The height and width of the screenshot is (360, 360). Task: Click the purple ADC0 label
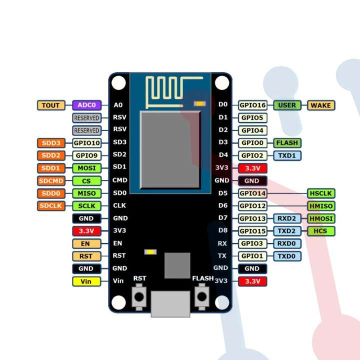click(87, 105)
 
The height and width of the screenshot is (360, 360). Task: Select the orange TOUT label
click(51, 105)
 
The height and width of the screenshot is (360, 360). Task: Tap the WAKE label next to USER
click(320, 105)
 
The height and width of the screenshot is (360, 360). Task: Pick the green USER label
click(287, 105)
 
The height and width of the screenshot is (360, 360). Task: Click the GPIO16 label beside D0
click(252, 105)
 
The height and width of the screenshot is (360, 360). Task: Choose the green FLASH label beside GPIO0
click(287, 143)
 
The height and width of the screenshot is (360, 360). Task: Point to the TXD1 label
click(287, 155)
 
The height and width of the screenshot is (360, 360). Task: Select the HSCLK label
click(320, 193)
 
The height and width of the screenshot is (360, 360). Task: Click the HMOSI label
click(320, 218)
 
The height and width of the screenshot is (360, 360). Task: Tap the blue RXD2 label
click(287, 218)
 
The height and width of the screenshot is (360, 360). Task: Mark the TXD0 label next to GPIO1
click(287, 256)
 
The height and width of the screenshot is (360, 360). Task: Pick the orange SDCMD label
click(51, 181)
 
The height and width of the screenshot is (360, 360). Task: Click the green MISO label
click(87, 193)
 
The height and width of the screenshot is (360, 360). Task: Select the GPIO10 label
click(87, 143)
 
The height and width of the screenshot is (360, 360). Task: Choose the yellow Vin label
click(87, 281)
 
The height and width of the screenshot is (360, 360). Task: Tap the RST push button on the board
click(139, 296)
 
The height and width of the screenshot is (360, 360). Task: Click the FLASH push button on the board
click(202, 296)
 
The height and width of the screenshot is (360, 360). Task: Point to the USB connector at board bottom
click(170, 303)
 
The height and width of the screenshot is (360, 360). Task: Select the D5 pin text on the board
click(223, 193)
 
